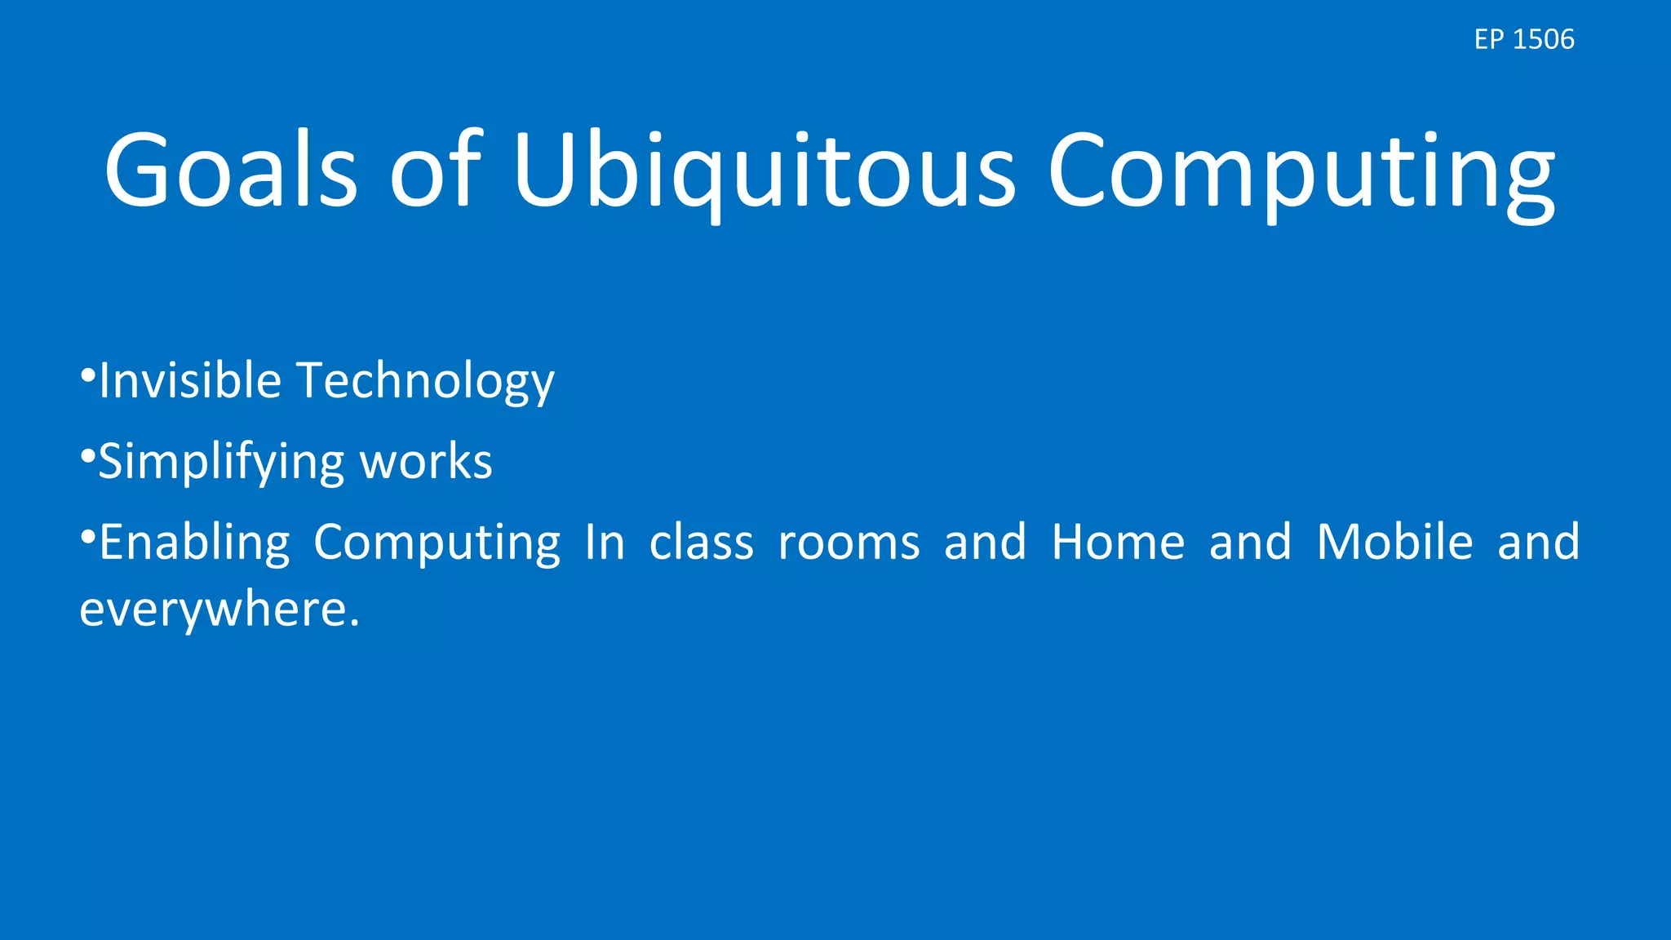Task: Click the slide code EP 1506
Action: tap(1523, 39)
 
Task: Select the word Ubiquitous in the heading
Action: tap(765, 171)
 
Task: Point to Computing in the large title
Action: tap(1301, 171)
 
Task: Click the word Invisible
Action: tap(190, 380)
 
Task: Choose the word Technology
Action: tap(425, 382)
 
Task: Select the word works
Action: tap(426, 462)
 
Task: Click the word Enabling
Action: tap(194, 543)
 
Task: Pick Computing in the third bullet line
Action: tap(437, 543)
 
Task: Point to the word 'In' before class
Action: tap(605, 543)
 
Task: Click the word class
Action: tap(701, 543)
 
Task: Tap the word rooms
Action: tap(849, 543)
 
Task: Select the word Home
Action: tap(1118, 543)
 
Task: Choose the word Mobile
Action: tap(1394, 543)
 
